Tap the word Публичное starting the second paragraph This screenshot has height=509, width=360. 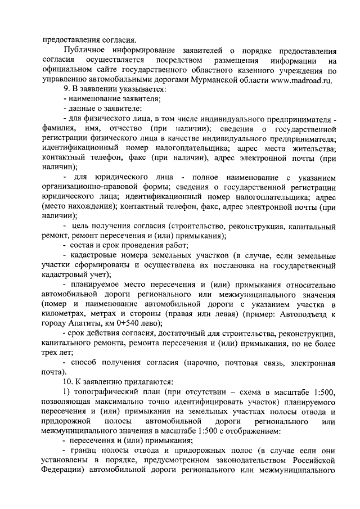pos(87,50)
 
